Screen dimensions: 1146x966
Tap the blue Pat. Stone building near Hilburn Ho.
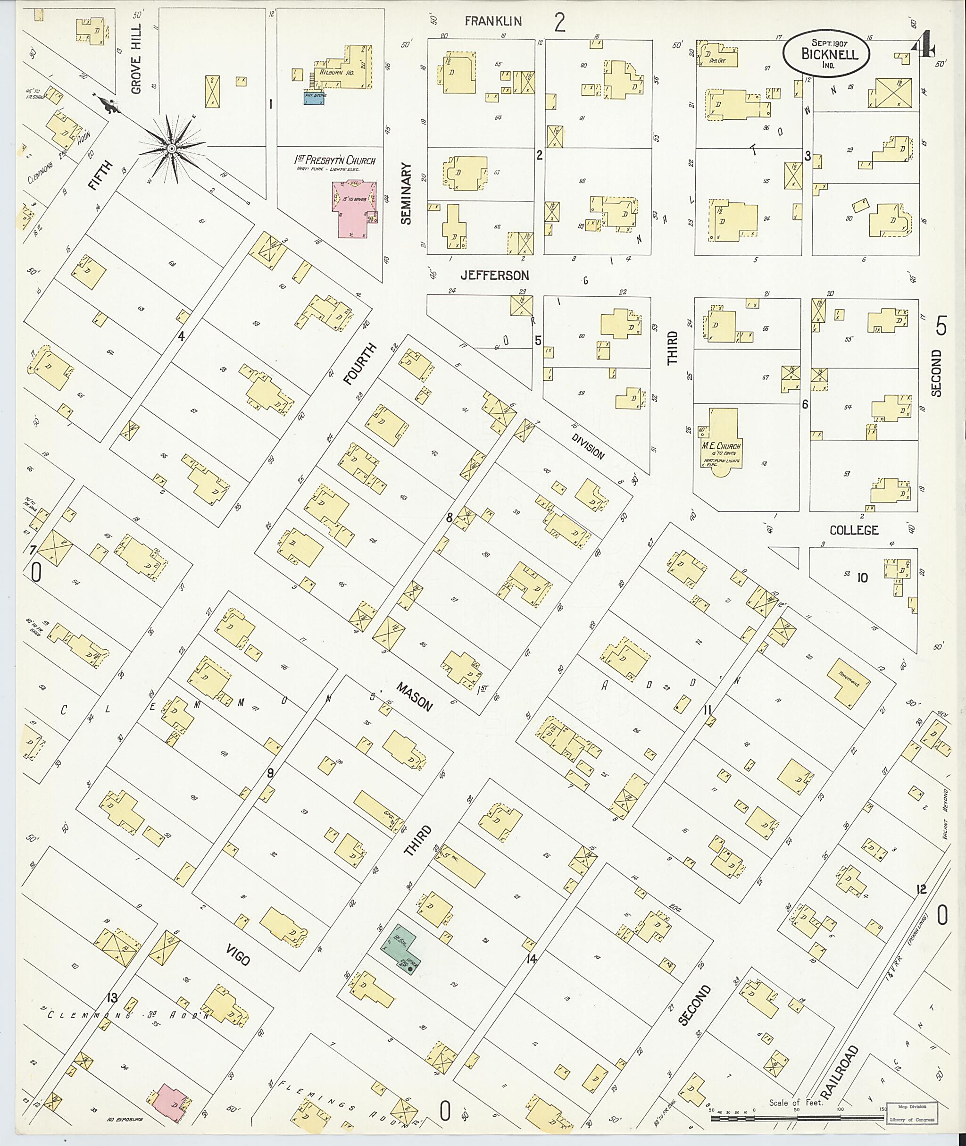(314, 99)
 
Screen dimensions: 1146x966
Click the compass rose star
(171, 147)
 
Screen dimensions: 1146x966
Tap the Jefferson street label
(494, 275)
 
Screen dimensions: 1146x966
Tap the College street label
(854, 530)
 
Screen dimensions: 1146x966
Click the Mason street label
(415, 696)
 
